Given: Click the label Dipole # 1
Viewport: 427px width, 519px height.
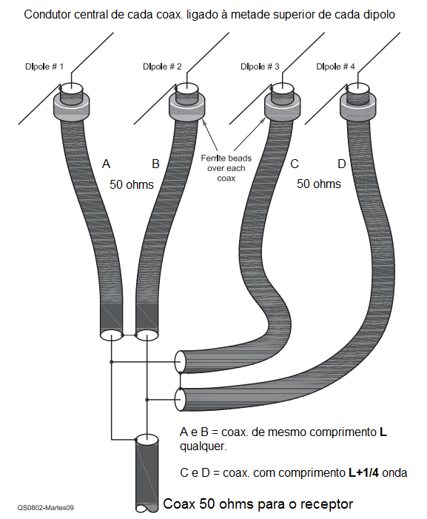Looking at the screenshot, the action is pos(44,67).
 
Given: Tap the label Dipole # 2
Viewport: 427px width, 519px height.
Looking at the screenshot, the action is pos(162,67).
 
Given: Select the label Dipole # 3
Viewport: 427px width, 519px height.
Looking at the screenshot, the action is pos(260,67).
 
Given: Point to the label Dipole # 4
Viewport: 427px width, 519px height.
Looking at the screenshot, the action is pos(335,67).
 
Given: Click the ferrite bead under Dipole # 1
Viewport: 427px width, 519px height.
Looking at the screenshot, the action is pos(72,107).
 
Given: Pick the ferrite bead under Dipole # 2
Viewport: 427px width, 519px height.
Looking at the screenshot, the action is pos(187,107).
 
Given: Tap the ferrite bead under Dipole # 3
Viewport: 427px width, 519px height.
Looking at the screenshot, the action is pos(283,107).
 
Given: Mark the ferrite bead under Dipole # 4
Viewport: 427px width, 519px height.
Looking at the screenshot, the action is pos(358,107).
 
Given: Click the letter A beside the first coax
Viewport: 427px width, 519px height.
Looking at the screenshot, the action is pos(106,164).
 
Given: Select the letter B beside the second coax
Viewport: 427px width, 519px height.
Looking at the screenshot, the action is pos(155,164).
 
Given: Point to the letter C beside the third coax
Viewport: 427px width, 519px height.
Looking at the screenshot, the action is pos(295,164).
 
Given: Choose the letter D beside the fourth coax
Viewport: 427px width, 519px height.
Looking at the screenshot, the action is pos(342,164).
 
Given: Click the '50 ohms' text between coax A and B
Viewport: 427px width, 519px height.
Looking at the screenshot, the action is pos(132,184).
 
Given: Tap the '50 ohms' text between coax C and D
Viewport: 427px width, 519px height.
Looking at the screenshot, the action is pos(319,184).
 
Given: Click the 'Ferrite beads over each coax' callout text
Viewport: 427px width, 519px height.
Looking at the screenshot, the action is pos(226,168).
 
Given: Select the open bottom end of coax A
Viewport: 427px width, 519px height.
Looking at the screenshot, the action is pos(111,335).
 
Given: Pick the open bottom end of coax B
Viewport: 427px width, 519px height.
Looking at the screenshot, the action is pos(147,335).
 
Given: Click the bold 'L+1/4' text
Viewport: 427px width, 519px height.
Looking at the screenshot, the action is pos(364,472).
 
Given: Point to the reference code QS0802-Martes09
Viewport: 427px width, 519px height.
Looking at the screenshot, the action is pos(46,507).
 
